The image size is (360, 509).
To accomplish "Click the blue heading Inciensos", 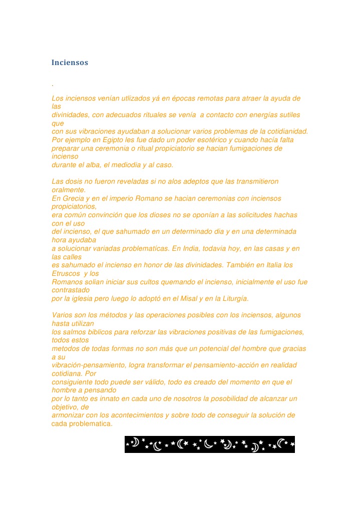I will coord(70,63).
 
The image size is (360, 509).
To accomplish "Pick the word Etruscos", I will coord(66,273).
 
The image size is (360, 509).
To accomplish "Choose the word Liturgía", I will coord(231,298).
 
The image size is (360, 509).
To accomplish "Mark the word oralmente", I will coord(69,190).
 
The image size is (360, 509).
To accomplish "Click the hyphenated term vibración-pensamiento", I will coord(89,365).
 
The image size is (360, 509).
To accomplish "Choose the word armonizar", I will coord(69,415).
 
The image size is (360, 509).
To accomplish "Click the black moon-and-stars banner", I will coord(209,444).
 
